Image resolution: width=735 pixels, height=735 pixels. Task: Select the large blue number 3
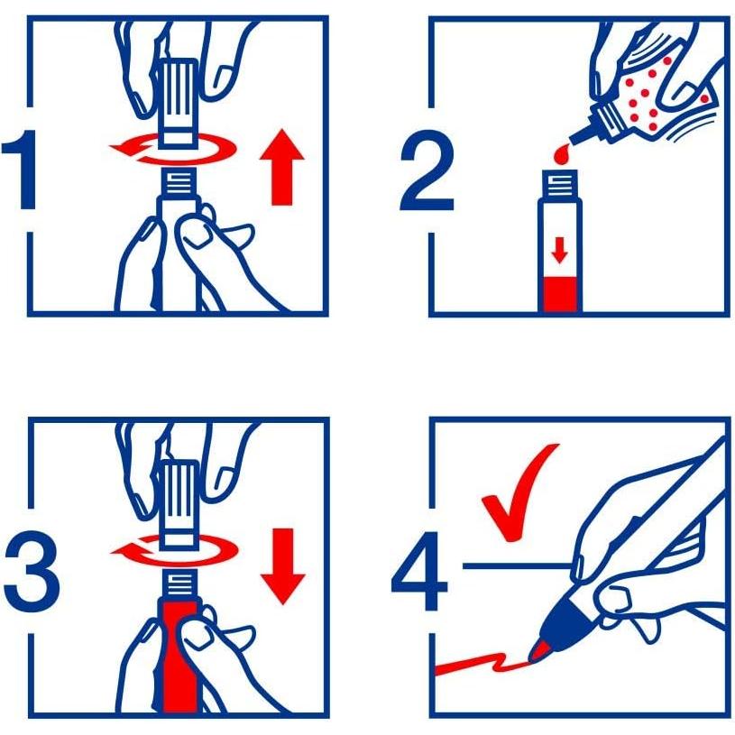pos(32,571)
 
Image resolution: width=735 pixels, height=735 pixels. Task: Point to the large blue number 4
pos(420,571)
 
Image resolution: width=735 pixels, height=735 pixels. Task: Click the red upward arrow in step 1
pos(281,167)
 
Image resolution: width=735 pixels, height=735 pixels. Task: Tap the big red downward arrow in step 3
pos(282,566)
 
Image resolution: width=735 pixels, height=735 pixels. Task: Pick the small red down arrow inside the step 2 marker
pos(559,250)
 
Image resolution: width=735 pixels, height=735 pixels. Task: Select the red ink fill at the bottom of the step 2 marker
pos(560,294)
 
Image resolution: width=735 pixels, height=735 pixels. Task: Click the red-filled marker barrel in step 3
pos(180,657)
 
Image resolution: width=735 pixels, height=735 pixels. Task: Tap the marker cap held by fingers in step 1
pos(179,103)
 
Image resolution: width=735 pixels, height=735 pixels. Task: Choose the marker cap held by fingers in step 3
pos(179,505)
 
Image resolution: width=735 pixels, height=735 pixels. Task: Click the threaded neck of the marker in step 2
pos(560,183)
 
